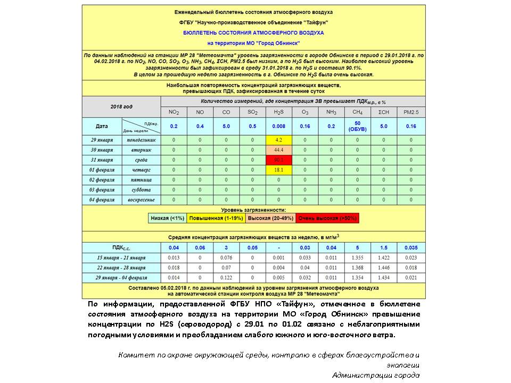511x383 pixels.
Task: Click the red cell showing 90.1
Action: (278, 160)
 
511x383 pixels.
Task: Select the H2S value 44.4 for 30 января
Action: (278, 150)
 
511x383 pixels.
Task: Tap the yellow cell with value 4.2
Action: (278, 140)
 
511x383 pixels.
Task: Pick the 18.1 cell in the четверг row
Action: (278, 170)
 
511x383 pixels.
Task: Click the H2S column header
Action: (278, 112)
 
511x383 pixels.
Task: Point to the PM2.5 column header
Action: (411, 112)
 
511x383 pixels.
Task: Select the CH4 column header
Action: (357, 112)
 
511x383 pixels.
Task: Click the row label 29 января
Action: (102, 140)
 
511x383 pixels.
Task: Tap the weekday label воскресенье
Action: (141, 199)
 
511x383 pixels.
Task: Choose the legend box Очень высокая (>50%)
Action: (327, 218)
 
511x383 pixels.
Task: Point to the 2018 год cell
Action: (121, 107)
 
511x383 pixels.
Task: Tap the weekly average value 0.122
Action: (226, 278)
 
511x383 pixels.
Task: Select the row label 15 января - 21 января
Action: (121, 257)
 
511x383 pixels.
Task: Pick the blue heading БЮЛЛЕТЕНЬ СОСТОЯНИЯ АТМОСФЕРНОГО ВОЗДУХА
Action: (253, 32)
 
